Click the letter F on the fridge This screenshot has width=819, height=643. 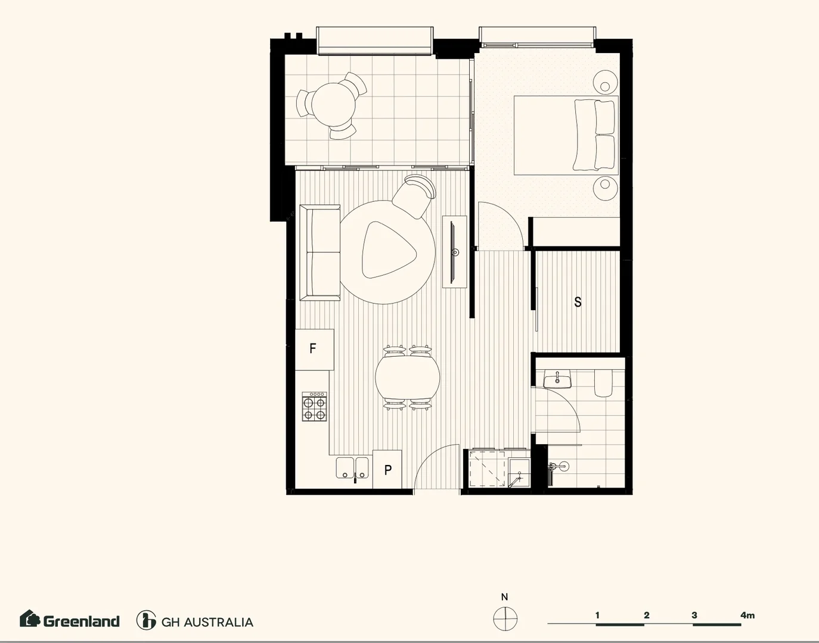313,348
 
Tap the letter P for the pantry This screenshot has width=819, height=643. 388,470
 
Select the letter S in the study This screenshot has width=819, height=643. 578,302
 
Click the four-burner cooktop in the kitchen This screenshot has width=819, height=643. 314,407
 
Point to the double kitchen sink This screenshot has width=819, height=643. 352,468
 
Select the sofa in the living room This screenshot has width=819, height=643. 320,252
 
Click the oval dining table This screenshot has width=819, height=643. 408,377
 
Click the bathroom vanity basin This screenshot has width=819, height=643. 557,379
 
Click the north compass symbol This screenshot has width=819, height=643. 505,619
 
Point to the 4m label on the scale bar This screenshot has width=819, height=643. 747,615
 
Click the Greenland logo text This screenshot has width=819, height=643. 81,621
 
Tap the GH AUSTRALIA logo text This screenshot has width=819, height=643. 207,622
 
